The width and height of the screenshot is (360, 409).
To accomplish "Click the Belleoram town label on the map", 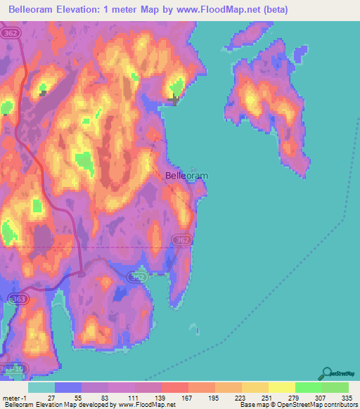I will pos(186,176).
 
